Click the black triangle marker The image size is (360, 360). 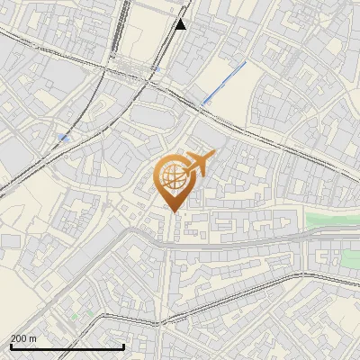tap(181, 23)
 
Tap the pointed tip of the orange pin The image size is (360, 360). tap(172, 211)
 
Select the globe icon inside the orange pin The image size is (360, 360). tap(172, 178)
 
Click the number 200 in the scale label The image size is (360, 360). tap(19, 338)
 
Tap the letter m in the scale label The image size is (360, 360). tap(32, 338)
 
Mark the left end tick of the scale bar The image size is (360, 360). tap(11, 346)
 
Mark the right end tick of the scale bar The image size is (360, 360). tap(123, 346)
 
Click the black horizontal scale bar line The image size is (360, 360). tap(67, 347)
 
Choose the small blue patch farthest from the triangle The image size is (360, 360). tap(62, 137)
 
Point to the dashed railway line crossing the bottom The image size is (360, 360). tap(225, 301)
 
